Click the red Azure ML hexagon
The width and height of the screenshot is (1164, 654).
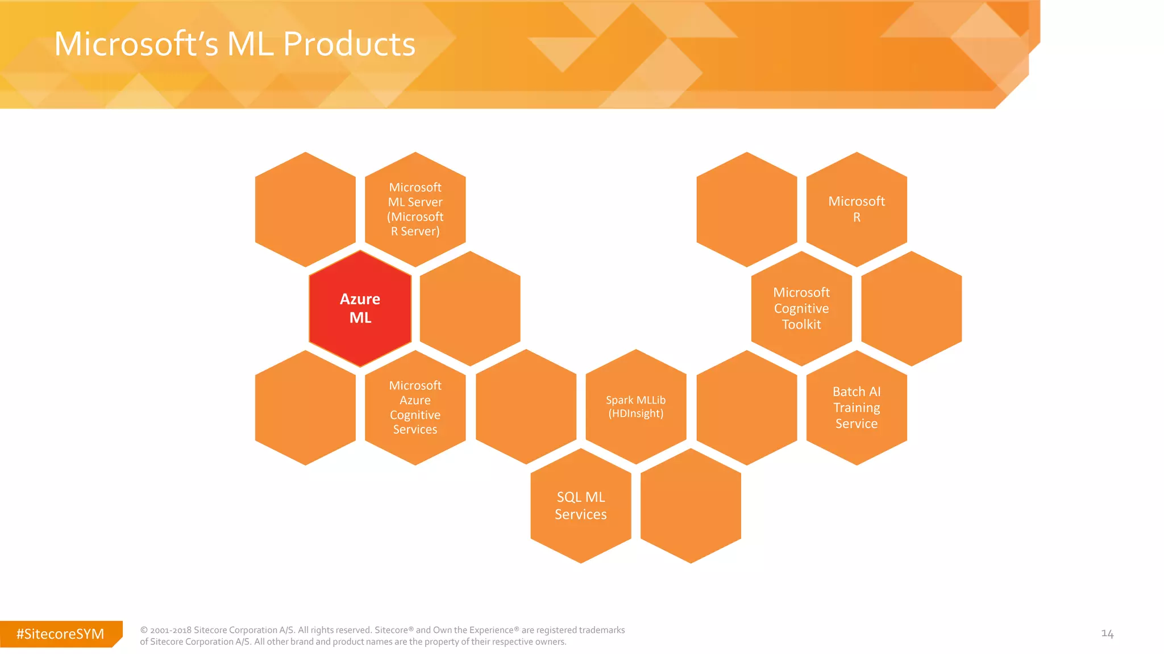pyautogui.click(x=360, y=308)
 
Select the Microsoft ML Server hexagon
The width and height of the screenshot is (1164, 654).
pyautogui.click(x=415, y=209)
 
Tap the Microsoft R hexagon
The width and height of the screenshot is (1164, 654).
pyautogui.click(x=857, y=209)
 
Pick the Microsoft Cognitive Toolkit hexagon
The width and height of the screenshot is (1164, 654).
pyautogui.click(x=801, y=308)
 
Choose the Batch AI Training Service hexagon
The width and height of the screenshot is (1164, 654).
pyautogui.click(x=857, y=408)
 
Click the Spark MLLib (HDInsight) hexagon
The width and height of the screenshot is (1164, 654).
pyautogui.click(x=636, y=406)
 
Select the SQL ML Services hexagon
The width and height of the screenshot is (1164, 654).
pyautogui.click(x=581, y=505)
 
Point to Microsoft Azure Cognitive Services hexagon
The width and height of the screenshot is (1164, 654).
pyautogui.click(x=415, y=408)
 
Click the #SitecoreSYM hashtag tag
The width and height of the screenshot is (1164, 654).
pyautogui.click(x=60, y=634)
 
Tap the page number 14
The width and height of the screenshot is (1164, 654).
pyautogui.click(x=1107, y=634)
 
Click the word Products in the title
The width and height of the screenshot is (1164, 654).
pyautogui.click(x=349, y=44)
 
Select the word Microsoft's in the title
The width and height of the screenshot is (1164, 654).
pyautogui.click(x=136, y=44)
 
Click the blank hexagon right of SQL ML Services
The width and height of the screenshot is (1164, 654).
pyautogui.click(x=691, y=506)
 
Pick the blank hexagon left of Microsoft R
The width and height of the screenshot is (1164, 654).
pyautogui.click(x=747, y=209)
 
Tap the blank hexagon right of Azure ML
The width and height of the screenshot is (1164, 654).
pyautogui.click(x=470, y=308)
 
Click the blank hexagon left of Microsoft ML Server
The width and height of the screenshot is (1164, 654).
pyautogui.click(x=305, y=209)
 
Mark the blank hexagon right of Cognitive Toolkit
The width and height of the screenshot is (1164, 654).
pyautogui.click(x=912, y=308)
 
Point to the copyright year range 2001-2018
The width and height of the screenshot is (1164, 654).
pyautogui.click(x=171, y=630)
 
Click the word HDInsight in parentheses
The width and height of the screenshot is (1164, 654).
pyautogui.click(x=635, y=414)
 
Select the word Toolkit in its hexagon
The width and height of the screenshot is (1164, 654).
pyautogui.click(x=801, y=325)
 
